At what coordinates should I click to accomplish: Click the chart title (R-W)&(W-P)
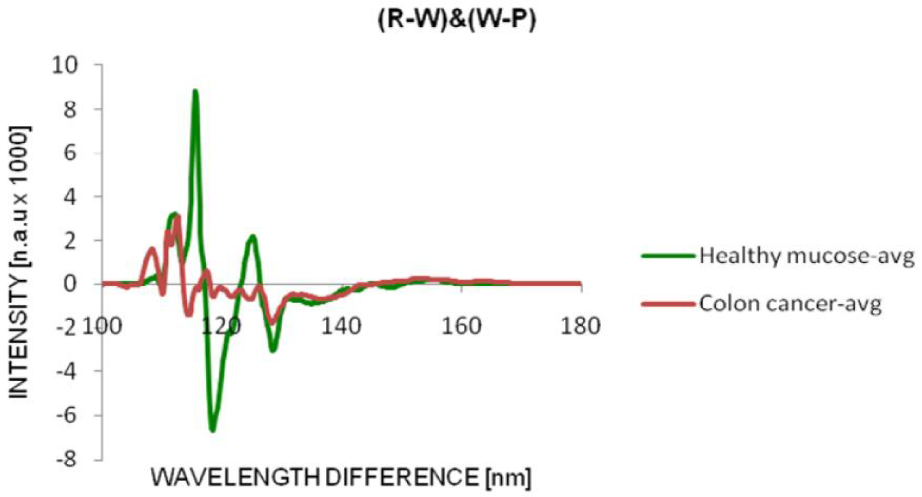(x=457, y=20)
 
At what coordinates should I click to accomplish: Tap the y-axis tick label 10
(x=64, y=66)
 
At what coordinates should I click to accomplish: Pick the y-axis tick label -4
(x=66, y=371)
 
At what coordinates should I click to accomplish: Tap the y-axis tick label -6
(x=66, y=415)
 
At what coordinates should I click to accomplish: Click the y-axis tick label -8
(x=66, y=459)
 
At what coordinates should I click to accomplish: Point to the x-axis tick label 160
(x=461, y=327)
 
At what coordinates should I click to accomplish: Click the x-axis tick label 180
(x=580, y=327)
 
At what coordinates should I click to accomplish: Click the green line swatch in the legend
(x=668, y=256)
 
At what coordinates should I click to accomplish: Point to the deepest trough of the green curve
(x=213, y=429)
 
